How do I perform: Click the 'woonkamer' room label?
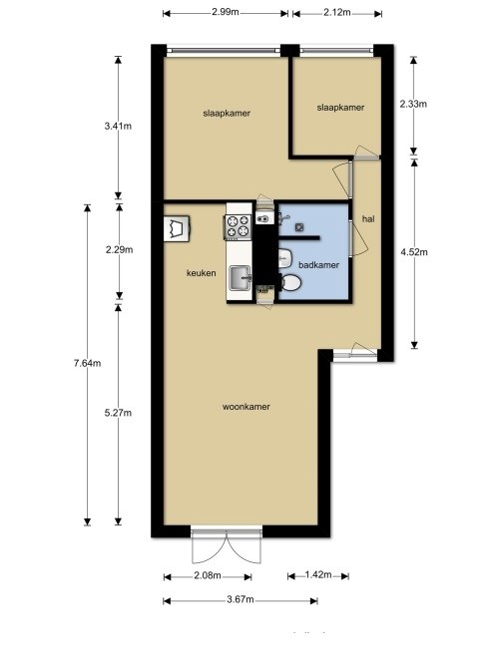tap(249, 407)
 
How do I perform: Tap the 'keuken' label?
tap(203, 272)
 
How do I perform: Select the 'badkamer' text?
tap(318, 265)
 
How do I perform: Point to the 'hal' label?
tap(368, 219)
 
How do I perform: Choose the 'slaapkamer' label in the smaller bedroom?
tap(340, 108)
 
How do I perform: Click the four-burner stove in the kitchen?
tap(239, 226)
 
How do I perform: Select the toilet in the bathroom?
tap(290, 283)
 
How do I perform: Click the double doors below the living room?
tap(229, 547)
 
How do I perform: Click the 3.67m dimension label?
tap(241, 600)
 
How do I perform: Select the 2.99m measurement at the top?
tap(225, 13)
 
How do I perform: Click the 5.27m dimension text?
tap(119, 413)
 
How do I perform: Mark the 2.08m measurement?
tap(208, 575)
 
